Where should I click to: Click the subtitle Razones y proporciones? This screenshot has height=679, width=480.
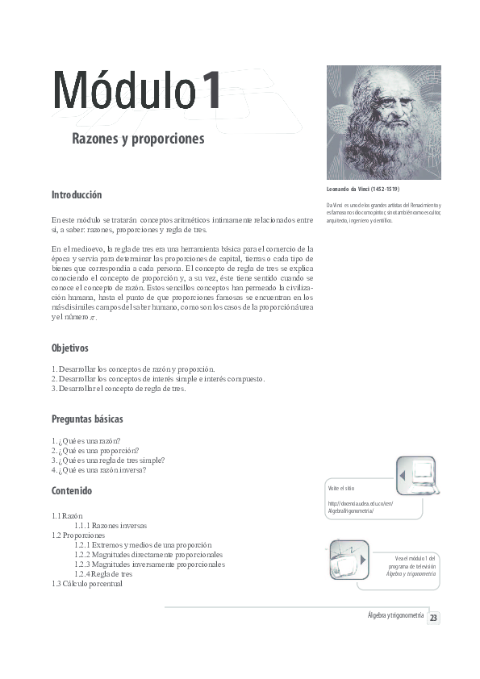click(138, 140)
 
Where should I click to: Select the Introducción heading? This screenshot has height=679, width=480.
click(77, 195)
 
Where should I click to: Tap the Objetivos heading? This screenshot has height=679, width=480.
click(70, 348)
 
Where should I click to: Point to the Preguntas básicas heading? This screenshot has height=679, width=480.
click(87, 419)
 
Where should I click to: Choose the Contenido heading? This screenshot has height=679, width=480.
click(72, 490)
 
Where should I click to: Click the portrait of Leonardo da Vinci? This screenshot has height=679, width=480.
click(383, 123)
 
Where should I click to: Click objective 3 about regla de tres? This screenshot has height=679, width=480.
click(119, 389)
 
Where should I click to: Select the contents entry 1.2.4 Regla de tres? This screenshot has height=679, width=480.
click(103, 573)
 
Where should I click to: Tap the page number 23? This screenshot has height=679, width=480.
click(433, 619)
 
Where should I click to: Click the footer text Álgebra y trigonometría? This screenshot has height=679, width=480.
click(395, 615)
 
